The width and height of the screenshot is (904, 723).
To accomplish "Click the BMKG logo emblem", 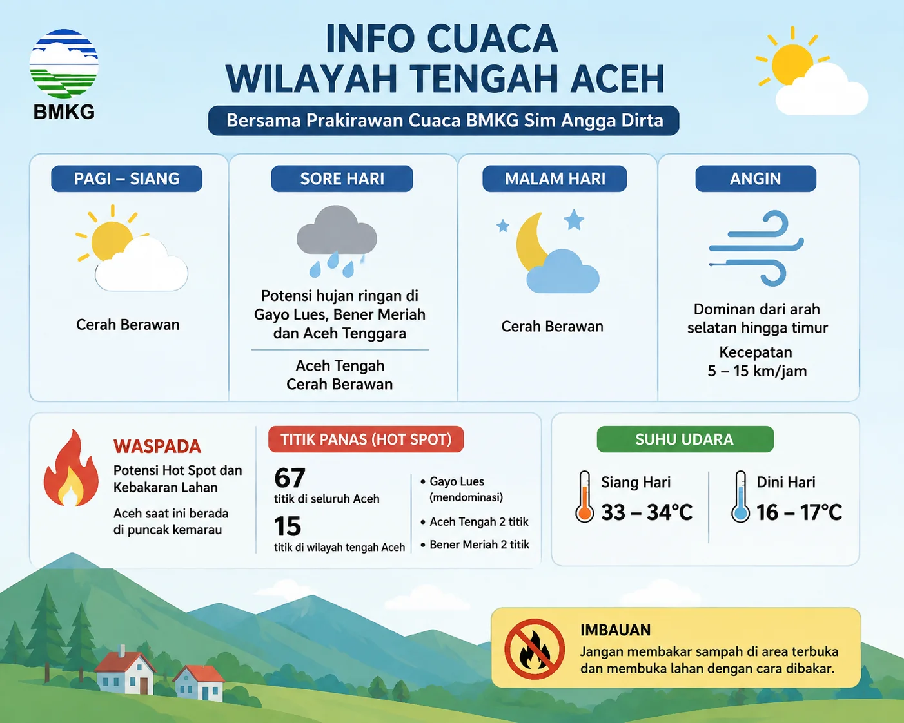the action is (64, 64).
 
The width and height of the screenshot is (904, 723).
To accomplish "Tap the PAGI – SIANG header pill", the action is (126, 178).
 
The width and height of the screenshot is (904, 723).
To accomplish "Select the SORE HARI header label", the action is (342, 178).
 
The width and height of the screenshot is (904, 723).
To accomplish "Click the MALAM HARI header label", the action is (555, 178).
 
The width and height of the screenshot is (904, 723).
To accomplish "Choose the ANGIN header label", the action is (756, 178).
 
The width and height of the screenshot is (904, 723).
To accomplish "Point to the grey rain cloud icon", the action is (337, 241).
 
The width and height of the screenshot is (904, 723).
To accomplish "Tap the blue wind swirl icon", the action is (756, 249).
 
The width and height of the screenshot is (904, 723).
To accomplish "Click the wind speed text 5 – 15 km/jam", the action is (757, 371).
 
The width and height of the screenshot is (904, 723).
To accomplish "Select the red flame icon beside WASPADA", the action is (71, 468).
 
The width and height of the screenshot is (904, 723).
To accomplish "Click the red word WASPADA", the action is (157, 447).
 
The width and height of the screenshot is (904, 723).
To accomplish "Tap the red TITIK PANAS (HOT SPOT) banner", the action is (366, 439).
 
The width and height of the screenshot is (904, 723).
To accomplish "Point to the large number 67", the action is (290, 477).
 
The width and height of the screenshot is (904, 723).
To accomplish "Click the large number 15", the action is (288, 526).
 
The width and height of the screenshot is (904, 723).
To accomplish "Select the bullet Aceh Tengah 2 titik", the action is (475, 522).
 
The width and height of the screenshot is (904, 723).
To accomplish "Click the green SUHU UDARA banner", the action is (685, 439).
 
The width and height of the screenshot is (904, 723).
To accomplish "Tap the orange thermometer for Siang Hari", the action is (584, 497).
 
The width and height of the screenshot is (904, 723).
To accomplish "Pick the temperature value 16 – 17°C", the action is (800, 512).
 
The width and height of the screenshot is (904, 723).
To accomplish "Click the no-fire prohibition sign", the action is (535, 649).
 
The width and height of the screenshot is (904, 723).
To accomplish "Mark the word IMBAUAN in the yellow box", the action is (615, 630).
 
